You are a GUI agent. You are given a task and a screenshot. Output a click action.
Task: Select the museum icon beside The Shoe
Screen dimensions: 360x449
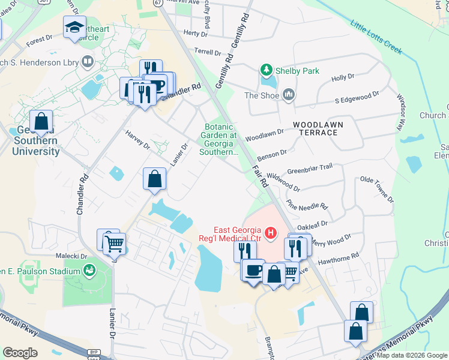pyautogui.click(x=289, y=94)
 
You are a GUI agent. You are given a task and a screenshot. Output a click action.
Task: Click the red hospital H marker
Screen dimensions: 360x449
pyautogui.click(x=271, y=232)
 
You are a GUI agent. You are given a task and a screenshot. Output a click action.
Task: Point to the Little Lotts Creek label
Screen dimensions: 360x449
pyautogui.click(x=376, y=36)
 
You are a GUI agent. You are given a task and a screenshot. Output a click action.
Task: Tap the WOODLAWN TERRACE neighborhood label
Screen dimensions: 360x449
pyautogui.click(x=318, y=128)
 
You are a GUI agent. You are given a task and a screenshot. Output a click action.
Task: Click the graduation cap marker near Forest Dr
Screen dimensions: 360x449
pyautogui.click(x=74, y=28)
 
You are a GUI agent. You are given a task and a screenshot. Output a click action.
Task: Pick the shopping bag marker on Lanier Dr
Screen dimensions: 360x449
pyautogui.click(x=154, y=179)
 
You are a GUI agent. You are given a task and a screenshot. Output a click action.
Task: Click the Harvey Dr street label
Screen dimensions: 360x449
pyautogui.click(x=137, y=139)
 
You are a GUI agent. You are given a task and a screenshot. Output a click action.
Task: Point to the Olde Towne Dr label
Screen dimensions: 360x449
pyautogui.click(x=376, y=188)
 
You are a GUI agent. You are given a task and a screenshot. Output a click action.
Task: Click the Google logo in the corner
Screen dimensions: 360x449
pyautogui.click(x=20, y=353)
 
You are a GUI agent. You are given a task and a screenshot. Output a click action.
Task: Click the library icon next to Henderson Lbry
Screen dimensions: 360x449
pyautogui.click(x=88, y=62)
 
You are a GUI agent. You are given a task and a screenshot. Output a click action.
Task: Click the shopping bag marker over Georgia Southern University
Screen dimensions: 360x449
pyautogui.click(x=41, y=121)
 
